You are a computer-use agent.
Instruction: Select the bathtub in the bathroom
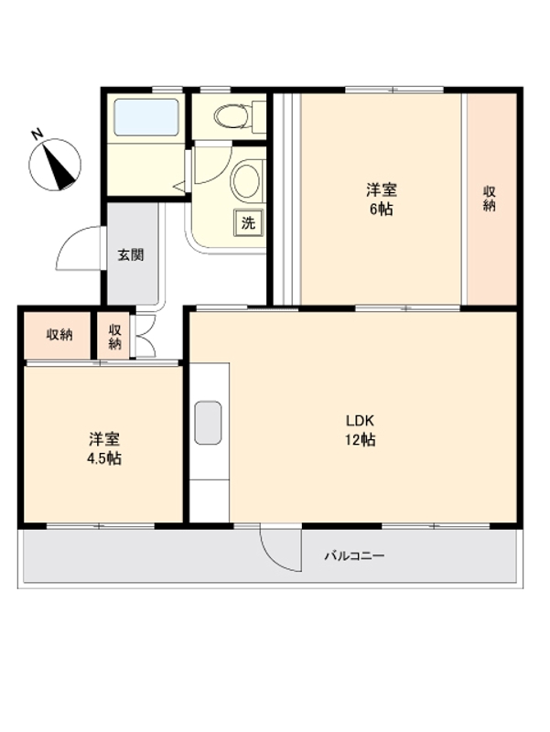(x=146, y=118)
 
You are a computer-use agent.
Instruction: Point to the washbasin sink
(x=245, y=180)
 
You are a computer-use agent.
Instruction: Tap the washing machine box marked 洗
(x=247, y=221)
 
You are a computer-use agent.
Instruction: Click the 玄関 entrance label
(x=130, y=255)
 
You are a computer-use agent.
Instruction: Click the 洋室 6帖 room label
(x=382, y=199)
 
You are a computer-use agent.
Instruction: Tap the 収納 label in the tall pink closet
(x=491, y=199)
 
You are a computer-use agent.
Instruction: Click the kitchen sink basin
(x=210, y=423)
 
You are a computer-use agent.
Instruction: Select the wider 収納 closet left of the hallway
(x=59, y=335)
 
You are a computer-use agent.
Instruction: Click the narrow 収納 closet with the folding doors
(x=115, y=336)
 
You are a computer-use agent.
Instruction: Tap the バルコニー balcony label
(x=354, y=555)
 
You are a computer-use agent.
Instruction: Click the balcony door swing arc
(x=279, y=549)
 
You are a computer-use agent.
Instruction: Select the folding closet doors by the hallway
(x=145, y=336)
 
